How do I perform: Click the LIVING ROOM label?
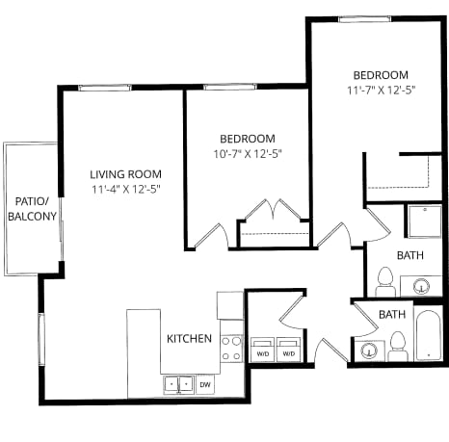coord(123,174)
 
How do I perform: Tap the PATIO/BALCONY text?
coord(32,209)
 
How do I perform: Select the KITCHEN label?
coord(190,339)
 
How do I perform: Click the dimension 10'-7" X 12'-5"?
coord(247,154)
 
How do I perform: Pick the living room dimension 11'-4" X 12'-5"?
coord(123,189)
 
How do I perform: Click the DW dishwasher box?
coord(205,384)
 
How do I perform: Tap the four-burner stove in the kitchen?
coord(231,349)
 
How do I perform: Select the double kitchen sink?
coord(177,384)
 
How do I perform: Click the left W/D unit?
coord(262,350)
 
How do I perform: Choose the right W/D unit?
coord(288,350)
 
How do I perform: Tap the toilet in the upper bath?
coord(384,282)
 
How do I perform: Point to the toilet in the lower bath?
coord(397,346)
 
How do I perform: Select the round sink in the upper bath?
coord(421,285)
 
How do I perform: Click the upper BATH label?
coord(410,255)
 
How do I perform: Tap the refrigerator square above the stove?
coord(230,305)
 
